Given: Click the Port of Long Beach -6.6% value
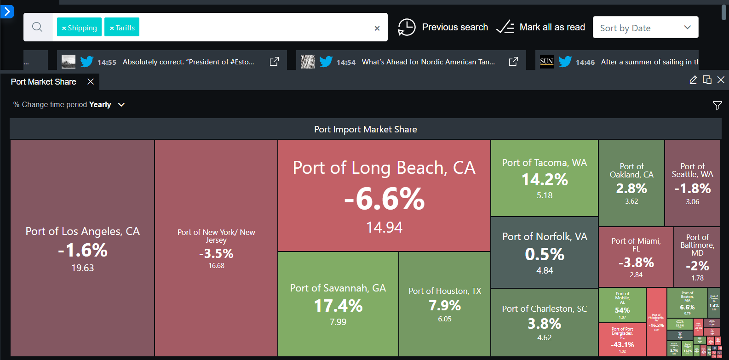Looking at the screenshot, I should click(385, 199).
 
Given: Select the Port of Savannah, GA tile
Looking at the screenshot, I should click(338, 304).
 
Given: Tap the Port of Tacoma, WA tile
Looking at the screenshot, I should click(544, 178).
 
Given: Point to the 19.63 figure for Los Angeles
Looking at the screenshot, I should click(83, 268).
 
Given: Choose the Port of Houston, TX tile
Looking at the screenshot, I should click(445, 304).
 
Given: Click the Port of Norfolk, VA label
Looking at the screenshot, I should click(545, 237).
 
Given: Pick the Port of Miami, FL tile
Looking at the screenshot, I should click(636, 257).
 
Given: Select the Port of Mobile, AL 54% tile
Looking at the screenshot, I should click(622, 305).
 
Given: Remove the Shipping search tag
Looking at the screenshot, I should click(64, 28).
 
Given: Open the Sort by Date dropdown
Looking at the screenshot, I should click(645, 28).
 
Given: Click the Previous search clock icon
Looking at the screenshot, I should click(407, 27).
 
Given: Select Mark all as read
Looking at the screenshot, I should click(541, 27).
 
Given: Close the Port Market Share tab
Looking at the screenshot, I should click(91, 82).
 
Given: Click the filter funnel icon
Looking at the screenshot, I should click(717, 106).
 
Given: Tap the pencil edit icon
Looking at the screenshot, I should click(693, 80).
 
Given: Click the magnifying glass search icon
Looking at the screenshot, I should click(37, 27).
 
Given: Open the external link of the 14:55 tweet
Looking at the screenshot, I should click(274, 62).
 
